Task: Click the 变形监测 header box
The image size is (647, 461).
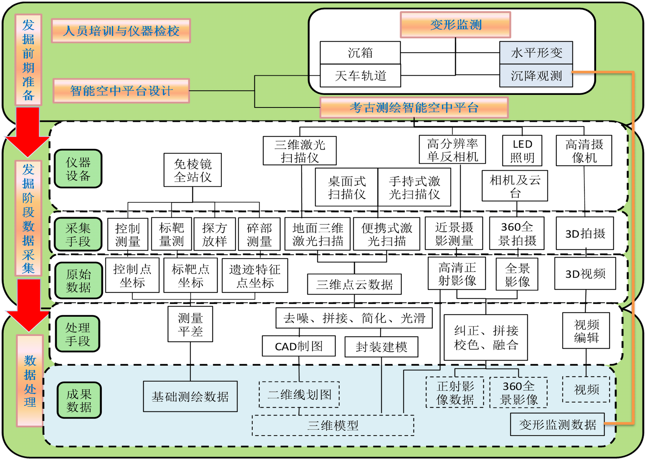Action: (x=455, y=25)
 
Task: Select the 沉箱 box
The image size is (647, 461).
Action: (x=360, y=53)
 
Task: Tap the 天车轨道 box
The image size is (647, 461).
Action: (x=360, y=75)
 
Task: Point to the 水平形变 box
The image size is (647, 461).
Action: (x=536, y=53)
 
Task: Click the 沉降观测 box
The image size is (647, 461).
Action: (x=536, y=75)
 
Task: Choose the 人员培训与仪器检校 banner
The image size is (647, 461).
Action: (x=121, y=31)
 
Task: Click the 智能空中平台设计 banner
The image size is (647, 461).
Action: (x=121, y=91)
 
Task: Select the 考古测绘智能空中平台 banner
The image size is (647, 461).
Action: (x=414, y=108)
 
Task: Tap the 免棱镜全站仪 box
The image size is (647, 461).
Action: (x=192, y=170)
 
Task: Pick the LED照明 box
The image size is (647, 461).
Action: (x=522, y=151)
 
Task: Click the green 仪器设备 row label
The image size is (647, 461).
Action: (x=78, y=169)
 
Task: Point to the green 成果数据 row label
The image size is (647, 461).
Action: (x=79, y=400)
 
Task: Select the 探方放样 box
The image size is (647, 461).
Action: (x=215, y=234)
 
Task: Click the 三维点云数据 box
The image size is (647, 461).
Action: (x=354, y=284)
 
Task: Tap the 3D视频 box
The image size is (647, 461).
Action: (x=585, y=274)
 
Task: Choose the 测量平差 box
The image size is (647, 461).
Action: (x=190, y=324)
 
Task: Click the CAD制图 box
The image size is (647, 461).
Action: (x=299, y=346)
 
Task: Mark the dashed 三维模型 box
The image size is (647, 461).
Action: (x=333, y=425)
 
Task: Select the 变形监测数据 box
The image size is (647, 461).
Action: (x=557, y=425)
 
